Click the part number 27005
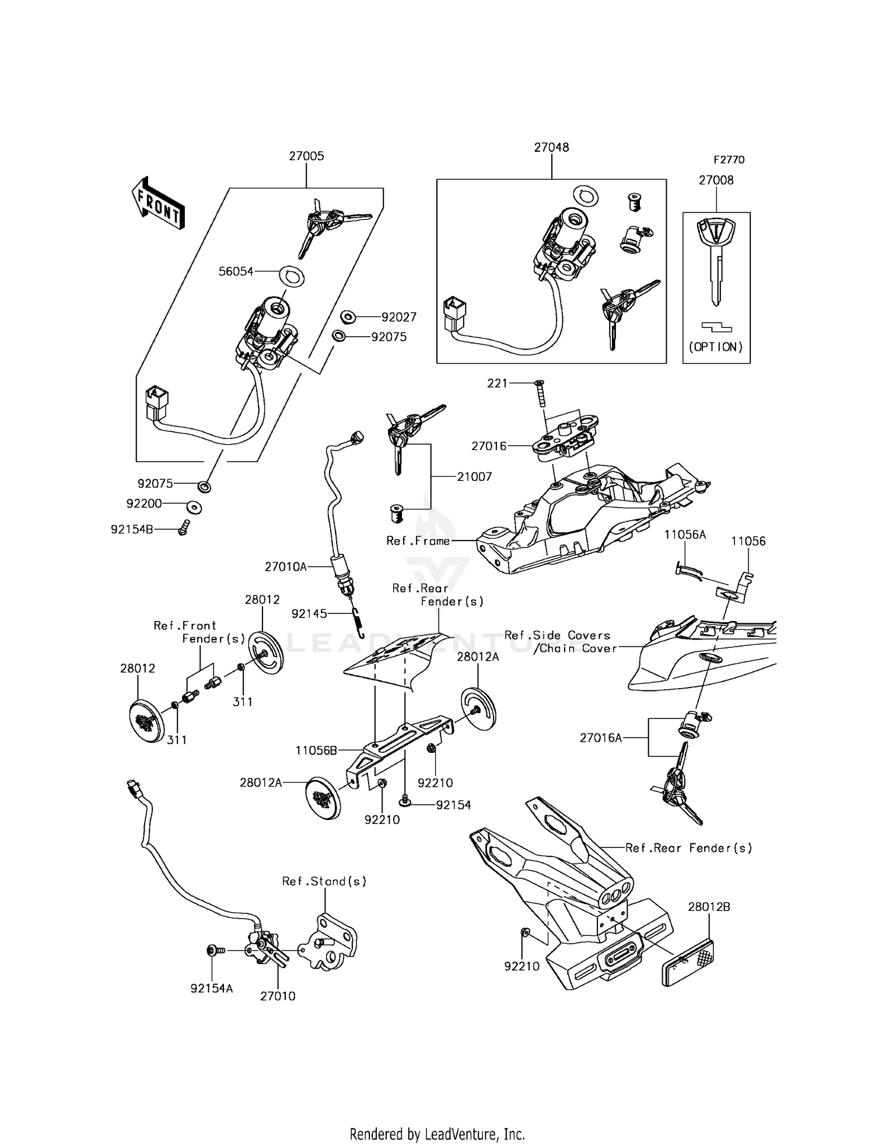click(306, 156)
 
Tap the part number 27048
click(551, 148)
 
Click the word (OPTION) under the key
click(716, 347)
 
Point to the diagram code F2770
click(729, 160)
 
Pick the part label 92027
click(399, 317)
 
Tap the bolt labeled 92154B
click(184, 528)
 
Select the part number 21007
click(474, 477)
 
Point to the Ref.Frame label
click(418, 541)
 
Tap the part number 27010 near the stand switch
click(278, 996)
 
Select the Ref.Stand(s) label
click(324, 881)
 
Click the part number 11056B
click(316, 750)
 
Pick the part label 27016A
click(601, 738)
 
